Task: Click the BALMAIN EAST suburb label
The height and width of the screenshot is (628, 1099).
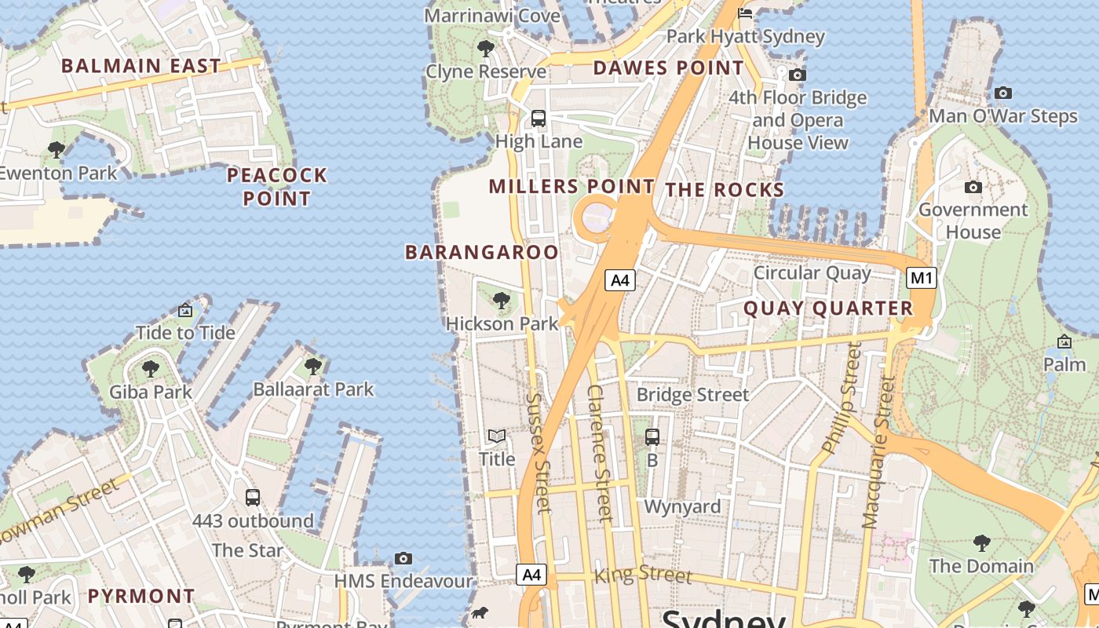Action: tap(141, 66)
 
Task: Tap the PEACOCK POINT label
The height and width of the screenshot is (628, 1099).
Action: tap(277, 186)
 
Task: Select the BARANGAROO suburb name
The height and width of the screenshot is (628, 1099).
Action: tap(482, 252)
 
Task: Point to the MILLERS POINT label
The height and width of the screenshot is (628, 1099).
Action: tap(571, 187)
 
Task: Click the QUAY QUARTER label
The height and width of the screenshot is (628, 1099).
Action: tap(828, 309)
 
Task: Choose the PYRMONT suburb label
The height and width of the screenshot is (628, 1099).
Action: tap(141, 596)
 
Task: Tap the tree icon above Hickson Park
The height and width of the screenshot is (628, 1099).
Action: tap(502, 300)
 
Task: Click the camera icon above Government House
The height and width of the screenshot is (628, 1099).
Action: tap(973, 187)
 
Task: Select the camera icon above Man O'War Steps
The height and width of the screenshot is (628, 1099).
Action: tap(1002, 93)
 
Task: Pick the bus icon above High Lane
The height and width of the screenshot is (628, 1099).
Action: tap(539, 119)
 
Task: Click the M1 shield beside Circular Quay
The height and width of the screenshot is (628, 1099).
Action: tap(922, 277)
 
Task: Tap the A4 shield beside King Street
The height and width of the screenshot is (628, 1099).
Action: tap(532, 575)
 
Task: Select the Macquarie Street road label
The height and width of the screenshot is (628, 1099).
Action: tap(878, 452)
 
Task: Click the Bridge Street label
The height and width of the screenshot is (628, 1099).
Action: tap(693, 394)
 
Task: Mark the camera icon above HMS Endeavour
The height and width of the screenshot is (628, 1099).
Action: tap(403, 558)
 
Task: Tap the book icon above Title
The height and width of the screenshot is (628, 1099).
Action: tap(497, 436)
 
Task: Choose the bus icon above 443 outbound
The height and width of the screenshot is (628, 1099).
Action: tap(253, 497)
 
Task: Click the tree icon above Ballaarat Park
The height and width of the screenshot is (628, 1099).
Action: tap(313, 366)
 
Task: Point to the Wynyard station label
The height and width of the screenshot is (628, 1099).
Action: tap(682, 506)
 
